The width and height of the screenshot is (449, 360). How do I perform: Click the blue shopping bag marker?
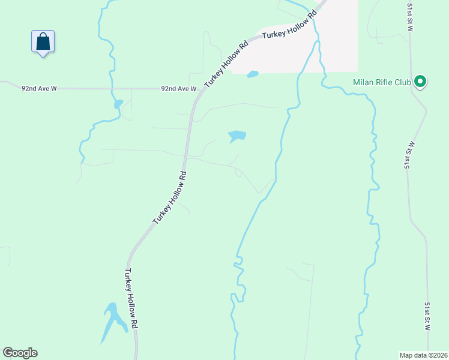(x=43, y=42)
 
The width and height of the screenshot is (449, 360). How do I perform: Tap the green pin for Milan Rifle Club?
(x=420, y=81)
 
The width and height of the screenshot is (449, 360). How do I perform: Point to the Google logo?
(x=20, y=353)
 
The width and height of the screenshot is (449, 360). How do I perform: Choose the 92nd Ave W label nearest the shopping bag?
(x=39, y=88)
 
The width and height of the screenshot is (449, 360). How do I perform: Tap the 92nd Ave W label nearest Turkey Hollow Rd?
(x=178, y=89)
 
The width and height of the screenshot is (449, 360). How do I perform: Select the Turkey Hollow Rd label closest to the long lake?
(x=131, y=297)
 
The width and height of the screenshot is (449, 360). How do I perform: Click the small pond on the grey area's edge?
(x=253, y=74)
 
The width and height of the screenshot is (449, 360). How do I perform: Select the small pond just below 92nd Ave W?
(x=118, y=104)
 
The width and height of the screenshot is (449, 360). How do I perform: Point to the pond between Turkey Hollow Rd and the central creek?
(x=237, y=136)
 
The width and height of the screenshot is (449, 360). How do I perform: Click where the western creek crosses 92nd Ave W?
(x=111, y=89)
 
